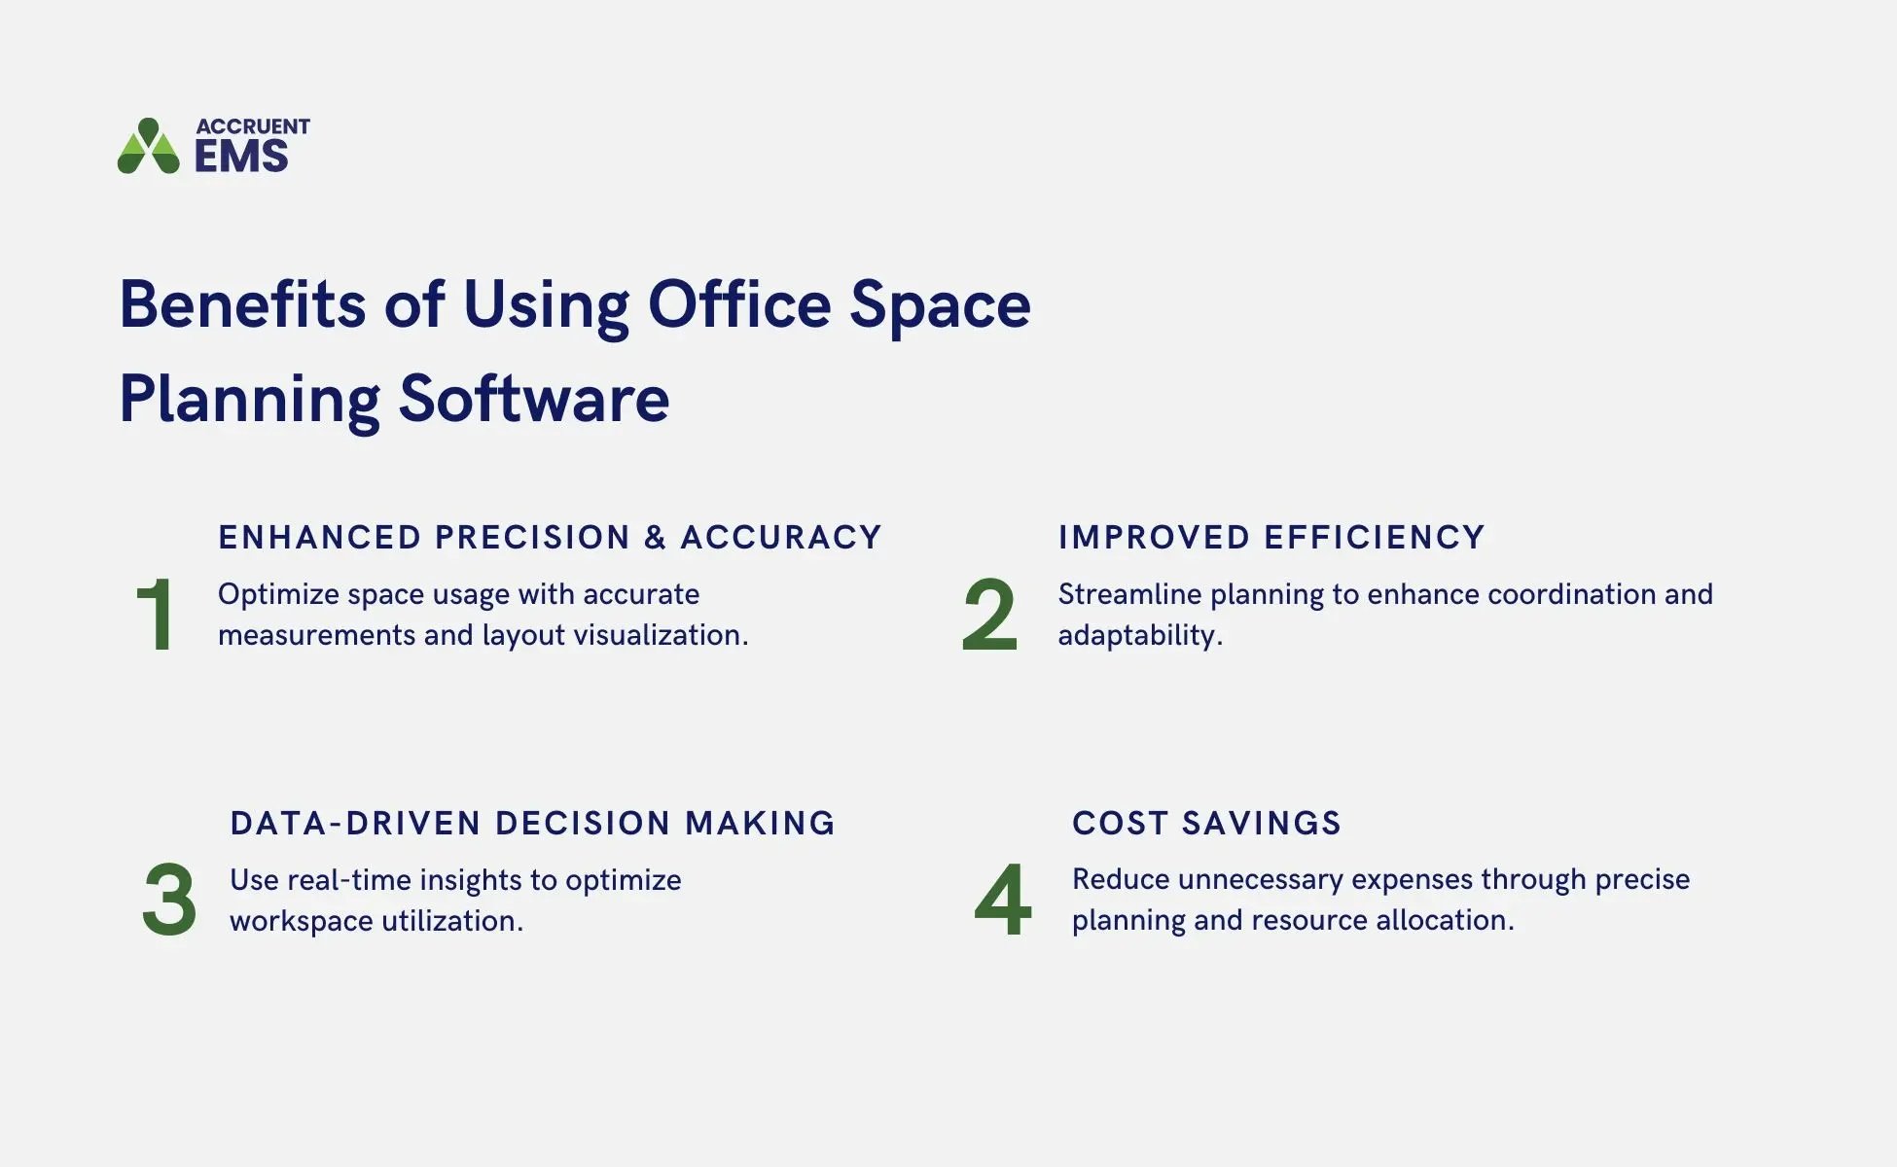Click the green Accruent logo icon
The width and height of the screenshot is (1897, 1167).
(x=149, y=147)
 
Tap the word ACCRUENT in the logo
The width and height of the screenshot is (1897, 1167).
(x=253, y=126)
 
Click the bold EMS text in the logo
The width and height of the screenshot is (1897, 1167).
(x=241, y=156)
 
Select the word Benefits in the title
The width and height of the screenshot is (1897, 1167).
(x=242, y=304)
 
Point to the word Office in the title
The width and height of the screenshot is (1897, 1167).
(x=739, y=304)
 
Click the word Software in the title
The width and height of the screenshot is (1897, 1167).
(x=534, y=398)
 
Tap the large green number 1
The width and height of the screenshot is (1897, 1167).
(x=156, y=615)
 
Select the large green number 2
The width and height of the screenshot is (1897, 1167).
(x=989, y=615)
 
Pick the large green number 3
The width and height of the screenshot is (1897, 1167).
(x=169, y=900)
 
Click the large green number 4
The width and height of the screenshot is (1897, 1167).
(x=1003, y=900)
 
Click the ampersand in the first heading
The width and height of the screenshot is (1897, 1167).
(x=655, y=538)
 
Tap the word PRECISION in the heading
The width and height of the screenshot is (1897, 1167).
(x=533, y=538)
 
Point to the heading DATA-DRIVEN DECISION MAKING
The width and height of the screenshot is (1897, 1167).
(x=532, y=824)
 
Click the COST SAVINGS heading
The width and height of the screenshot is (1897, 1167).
(x=1206, y=824)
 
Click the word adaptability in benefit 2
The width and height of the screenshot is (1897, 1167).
(x=1139, y=636)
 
